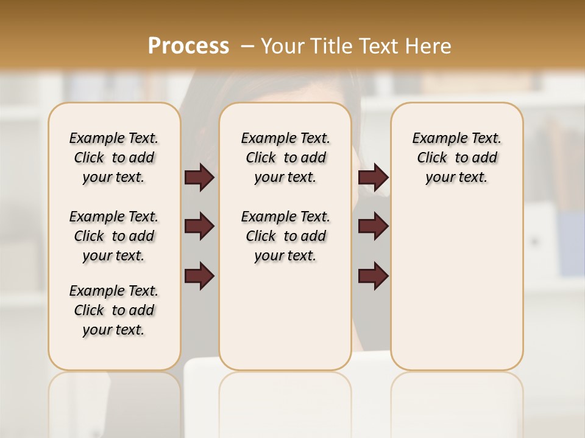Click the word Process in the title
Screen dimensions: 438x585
[188, 46]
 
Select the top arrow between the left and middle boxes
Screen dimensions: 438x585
[199, 178]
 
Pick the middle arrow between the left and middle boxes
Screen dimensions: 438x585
[199, 227]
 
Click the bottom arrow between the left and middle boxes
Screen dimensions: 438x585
[199, 276]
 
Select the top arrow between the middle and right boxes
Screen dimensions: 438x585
[373, 178]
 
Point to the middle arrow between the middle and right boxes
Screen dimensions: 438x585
[373, 227]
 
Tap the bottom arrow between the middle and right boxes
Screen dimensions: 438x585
[373, 276]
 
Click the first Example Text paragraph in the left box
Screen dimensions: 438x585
[114, 158]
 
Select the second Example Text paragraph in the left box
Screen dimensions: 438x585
[114, 236]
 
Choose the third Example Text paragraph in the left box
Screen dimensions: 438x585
[114, 310]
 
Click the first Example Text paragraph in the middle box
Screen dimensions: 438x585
[285, 158]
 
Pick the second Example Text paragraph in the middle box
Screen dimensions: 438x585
[285, 236]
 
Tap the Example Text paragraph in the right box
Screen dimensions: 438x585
[456, 158]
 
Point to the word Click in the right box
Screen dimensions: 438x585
[432, 158]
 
